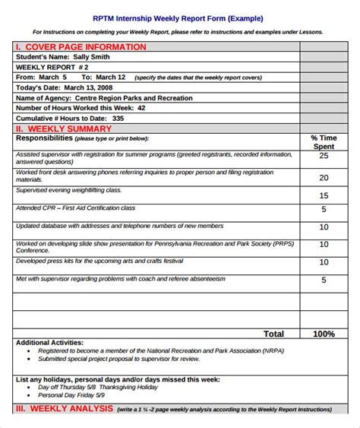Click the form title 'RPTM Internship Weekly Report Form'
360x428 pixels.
(178, 17)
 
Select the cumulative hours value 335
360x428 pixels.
(118, 119)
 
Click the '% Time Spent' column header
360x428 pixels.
(324, 141)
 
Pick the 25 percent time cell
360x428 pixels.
(324, 156)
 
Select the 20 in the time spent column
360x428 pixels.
(324, 178)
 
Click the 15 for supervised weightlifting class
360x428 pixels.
(324, 195)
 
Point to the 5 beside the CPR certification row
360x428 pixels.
(324, 209)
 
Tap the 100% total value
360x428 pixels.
(324, 334)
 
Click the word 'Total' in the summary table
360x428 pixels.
(273, 334)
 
